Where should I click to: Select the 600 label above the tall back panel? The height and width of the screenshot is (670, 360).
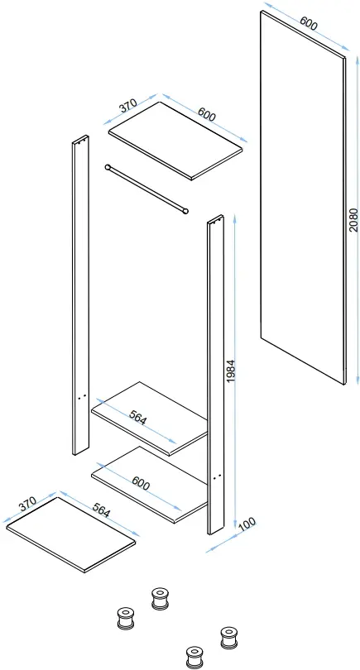coord(307,25)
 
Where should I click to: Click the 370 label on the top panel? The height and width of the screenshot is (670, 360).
coord(128,107)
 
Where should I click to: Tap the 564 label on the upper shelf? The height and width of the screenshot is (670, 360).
coord(137,419)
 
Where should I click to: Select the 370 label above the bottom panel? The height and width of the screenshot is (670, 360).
coord(27,504)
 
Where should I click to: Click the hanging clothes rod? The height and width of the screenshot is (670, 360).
coord(147,189)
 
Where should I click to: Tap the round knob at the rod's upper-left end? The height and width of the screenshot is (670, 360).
coord(108,166)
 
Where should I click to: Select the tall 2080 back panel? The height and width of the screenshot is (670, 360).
coord(302,199)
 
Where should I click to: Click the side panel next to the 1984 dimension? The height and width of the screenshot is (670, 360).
coord(215,372)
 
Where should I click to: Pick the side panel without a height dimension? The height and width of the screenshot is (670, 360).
coord(80,290)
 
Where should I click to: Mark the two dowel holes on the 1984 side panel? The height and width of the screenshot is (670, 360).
coord(217,478)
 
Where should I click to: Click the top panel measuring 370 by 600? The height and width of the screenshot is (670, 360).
coord(176,138)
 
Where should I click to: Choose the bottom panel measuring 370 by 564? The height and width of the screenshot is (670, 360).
coord(70,534)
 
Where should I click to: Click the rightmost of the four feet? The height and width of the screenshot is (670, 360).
coord(227,637)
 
